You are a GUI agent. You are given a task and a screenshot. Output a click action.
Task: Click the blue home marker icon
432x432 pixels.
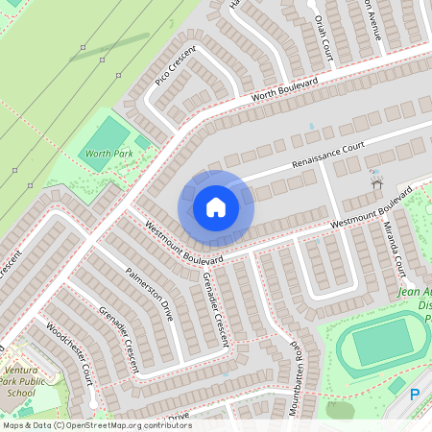[x=216, y=206]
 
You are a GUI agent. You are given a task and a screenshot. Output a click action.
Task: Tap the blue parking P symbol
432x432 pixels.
[x=416, y=395]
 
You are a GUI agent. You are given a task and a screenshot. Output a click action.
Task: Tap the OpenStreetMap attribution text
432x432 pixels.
[x=96, y=425]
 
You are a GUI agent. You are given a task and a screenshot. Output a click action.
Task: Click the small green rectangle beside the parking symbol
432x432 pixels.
[x=396, y=385]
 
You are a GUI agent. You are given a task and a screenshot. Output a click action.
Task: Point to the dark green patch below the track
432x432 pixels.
[x=340, y=410]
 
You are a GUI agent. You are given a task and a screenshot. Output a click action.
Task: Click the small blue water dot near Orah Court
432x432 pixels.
[x=311, y=126]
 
